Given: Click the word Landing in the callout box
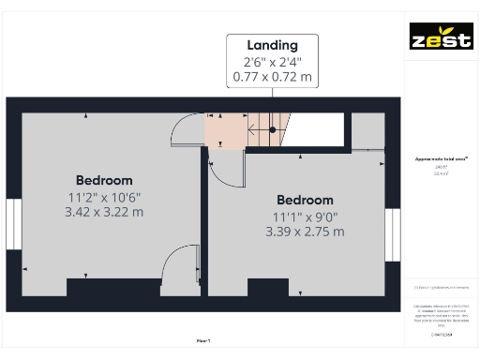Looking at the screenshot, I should click(272, 45).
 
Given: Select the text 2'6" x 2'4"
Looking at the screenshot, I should click(272, 62).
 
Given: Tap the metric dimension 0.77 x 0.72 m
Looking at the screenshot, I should click(272, 77).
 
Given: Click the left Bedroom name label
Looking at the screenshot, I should click(104, 180).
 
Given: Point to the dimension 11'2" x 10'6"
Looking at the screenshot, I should click(104, 197).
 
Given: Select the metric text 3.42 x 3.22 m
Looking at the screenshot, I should click(104, 212).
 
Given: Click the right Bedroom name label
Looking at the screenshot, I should click(305, 200).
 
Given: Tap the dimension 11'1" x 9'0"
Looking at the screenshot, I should click(305, 217).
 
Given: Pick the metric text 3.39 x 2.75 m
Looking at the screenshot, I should click(305, 232).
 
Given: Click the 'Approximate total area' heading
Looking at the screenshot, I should click(441, 159).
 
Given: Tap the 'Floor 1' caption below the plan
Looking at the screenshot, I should click(203, 341).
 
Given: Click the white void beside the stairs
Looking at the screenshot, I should click(314, 130).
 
